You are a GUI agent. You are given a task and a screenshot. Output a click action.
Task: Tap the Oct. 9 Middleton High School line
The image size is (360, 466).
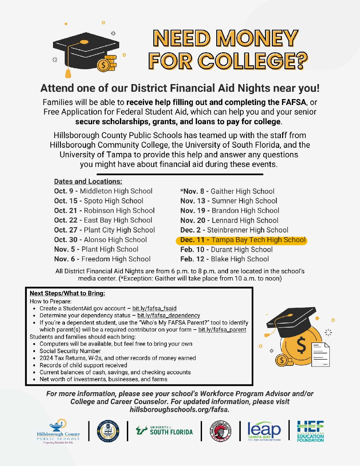tap(103, 191)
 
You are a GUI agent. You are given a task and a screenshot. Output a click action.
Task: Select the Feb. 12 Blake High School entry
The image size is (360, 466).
tap(225, 259)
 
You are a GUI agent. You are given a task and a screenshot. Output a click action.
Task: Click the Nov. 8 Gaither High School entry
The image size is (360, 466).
tap(228, 191)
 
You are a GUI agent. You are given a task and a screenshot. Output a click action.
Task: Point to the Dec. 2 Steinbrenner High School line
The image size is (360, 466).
tap(234, 230)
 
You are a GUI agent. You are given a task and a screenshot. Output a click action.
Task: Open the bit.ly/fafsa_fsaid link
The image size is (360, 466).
tap(154, 308)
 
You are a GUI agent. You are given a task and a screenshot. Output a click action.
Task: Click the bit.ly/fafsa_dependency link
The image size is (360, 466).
tap(169, 315)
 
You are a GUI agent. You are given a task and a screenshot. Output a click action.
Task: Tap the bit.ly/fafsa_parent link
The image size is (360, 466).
tap(222, 330)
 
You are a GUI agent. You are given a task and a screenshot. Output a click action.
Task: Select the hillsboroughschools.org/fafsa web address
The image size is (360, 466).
tap(179, 410)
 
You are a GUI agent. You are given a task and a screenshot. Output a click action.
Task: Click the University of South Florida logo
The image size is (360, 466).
tap(164, 431)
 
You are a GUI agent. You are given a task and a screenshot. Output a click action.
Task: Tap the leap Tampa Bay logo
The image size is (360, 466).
tap(264, 431)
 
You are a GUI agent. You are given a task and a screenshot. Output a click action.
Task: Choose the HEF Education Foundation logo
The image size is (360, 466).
tap(310, 431)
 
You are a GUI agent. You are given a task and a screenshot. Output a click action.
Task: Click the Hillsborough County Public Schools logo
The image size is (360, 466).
tap(58, 432)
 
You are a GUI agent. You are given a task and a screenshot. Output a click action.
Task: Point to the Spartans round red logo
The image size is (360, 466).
tap(221, 431)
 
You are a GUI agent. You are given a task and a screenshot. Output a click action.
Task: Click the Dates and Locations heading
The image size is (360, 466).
tap(88, 181)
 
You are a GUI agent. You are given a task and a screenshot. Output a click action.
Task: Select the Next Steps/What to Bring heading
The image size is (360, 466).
tap(67, 293)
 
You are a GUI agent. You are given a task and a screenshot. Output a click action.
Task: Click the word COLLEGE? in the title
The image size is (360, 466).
tap(253, 61)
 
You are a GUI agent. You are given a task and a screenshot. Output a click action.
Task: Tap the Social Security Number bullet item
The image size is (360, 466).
tap(70, 351)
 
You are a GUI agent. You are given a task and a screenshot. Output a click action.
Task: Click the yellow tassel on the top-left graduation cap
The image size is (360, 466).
tap(68, 72)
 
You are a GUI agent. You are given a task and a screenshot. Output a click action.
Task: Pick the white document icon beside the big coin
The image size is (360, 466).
tap(321, 355)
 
